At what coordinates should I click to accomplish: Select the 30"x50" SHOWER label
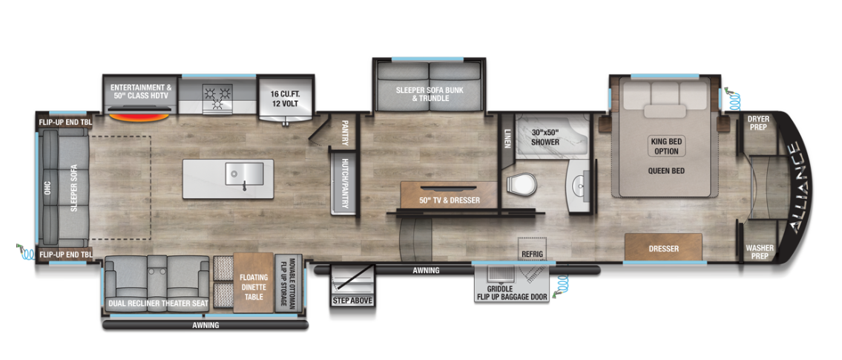[545, 137]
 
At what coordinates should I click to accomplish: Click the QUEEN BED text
[665, 170]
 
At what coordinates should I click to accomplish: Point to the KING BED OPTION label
[665, 145]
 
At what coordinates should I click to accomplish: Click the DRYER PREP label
[757, 122]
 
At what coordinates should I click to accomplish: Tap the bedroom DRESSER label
[662, 249]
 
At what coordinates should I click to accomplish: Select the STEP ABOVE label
[352, 300]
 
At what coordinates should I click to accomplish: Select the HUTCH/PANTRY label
[344, 183]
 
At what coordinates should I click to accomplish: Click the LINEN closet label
[507, 138]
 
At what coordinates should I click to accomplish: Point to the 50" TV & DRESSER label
[450, 200]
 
